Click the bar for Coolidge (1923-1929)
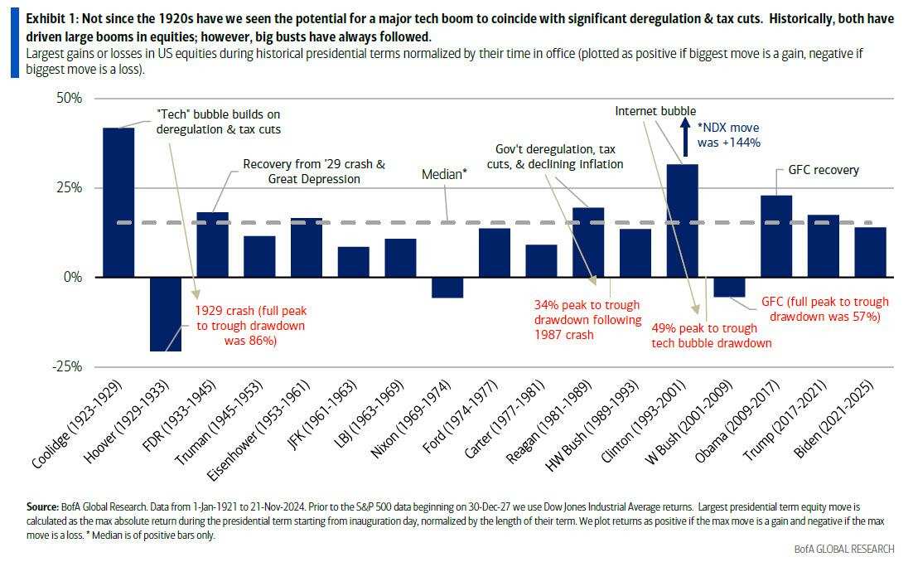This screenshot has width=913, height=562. point(118,202)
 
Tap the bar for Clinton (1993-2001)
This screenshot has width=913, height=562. point(683,220)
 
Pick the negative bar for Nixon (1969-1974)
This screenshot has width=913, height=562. point(447,287)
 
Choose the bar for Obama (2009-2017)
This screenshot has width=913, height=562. point(776,236)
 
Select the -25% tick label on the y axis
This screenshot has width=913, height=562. point(65,366)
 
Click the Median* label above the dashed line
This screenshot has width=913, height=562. point(444,175)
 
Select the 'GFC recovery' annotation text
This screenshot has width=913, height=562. point(818,170)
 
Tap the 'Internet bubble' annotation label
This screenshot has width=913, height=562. point(655,111)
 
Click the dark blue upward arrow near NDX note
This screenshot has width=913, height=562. point(685,137)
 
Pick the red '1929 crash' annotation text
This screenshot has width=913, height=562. point(250,326)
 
